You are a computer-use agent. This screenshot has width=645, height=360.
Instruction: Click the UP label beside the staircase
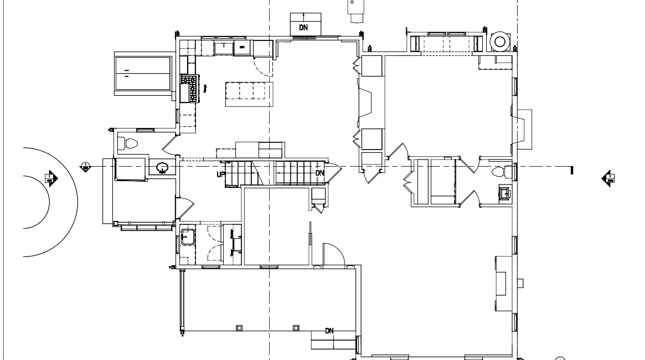220,174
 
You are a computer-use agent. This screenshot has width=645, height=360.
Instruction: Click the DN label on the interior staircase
319,173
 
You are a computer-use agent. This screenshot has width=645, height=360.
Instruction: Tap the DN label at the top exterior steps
303,27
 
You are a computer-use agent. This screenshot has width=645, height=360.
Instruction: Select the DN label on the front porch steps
330,331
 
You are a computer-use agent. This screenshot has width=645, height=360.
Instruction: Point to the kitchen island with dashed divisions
250,93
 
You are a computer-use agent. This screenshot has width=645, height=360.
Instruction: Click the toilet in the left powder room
131,144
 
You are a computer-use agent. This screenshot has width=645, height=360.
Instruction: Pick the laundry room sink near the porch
187,236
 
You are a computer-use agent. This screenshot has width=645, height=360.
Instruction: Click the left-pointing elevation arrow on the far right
607,178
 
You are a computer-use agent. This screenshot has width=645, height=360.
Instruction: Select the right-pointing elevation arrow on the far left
51,178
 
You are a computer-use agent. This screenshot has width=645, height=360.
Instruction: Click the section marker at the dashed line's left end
85,166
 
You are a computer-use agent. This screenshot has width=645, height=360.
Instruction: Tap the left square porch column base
239,328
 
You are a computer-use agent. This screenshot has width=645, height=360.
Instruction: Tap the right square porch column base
296,328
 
